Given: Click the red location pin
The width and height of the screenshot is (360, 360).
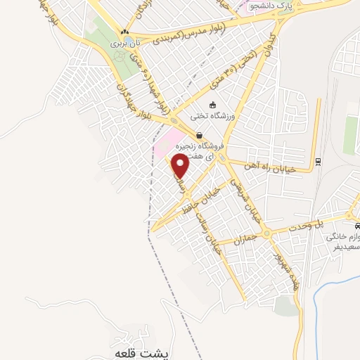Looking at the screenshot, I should pos(181,166).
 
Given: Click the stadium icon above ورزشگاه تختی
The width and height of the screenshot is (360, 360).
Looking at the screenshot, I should pos(213,105).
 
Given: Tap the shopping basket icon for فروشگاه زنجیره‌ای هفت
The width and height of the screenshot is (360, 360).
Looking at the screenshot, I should pos(200,135).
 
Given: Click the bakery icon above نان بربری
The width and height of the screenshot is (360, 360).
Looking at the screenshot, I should pos(124,32).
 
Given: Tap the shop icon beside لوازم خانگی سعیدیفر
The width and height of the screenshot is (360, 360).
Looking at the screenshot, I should pos(358,226).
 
